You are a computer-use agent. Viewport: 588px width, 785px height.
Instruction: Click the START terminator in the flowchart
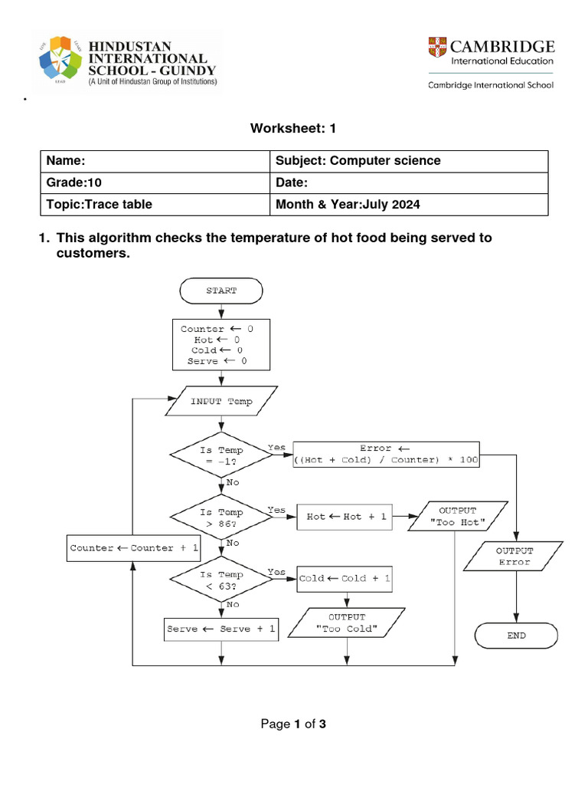[221, 291]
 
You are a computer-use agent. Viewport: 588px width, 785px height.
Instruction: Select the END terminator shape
[516, 636]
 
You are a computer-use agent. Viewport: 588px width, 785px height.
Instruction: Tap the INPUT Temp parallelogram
[221, 401]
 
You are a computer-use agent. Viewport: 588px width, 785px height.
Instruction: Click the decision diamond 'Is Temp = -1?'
[221, 455]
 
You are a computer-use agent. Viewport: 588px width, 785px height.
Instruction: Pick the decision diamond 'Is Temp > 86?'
[221, 517]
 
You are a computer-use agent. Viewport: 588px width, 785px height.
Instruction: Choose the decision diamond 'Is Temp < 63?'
[221, 580]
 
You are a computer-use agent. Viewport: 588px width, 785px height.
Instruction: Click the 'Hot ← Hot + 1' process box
[345, 517]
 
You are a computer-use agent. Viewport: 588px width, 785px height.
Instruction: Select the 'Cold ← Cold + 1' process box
[345, 579]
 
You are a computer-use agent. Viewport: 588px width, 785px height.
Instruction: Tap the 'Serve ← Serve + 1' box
[221, 629]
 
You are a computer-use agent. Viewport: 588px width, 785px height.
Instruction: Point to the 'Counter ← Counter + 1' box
[133, 548]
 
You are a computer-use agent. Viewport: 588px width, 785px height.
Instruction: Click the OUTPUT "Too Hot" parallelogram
[458, 516]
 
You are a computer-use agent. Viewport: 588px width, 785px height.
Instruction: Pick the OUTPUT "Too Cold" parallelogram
[347, 622]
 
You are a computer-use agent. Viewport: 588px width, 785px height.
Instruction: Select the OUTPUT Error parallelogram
[514, 557]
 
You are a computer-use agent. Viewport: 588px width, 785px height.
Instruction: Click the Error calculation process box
[386, 455]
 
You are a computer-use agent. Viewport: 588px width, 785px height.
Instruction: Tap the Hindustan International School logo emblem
[60, 58]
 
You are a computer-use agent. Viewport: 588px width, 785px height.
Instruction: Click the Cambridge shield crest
[437, 47]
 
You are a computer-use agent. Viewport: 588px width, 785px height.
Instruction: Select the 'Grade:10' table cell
[155, 182]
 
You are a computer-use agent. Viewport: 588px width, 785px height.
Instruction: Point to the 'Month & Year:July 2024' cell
[409, 205]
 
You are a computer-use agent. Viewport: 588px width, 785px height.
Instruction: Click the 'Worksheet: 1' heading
[293, 128]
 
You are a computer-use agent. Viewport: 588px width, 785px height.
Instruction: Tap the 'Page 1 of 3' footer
[293, 724]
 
